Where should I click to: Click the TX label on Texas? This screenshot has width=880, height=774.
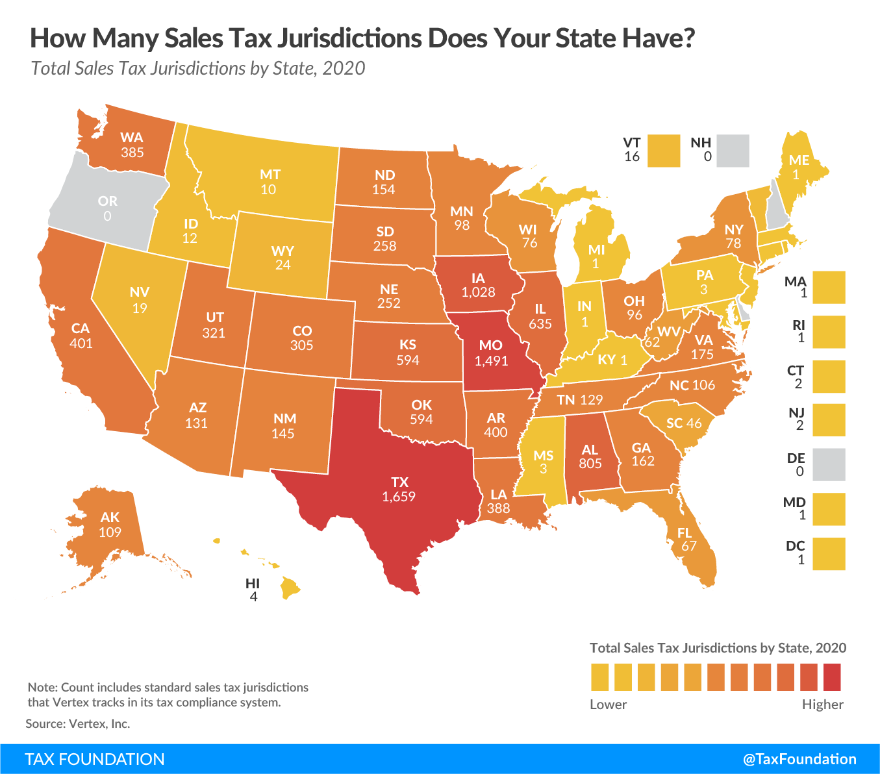coord(399,482)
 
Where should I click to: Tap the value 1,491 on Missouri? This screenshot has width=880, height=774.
coord(491,360)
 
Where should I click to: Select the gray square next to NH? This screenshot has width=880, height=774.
coord(733,151)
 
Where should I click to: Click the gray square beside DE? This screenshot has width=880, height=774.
coord(829,464)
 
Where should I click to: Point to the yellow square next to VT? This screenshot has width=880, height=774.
coord(663,151)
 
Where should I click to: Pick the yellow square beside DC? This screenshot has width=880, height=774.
coord(829,554)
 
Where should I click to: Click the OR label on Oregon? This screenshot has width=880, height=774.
coord(108,201)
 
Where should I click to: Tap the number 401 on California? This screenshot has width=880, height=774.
coord(81,343)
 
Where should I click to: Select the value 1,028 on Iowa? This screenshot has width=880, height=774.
coord(479,292)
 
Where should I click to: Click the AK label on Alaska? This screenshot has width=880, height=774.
coord(110,517)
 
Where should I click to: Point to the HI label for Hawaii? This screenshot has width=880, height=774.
coord(253,583)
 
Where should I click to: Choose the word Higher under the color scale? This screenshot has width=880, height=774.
coord(822,705)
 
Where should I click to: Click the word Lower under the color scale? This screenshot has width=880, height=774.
coord(608,705)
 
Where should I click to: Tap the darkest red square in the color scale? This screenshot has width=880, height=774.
coord(832,677)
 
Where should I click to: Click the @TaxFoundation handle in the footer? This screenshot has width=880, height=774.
coord(799,759)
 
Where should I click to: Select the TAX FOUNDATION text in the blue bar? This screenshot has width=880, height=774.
coord(95,759)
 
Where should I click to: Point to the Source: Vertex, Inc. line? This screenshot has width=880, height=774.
coord(78,723)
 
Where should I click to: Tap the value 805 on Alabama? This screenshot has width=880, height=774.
coord(590,464)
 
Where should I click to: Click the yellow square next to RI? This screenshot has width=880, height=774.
coord(829,332)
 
